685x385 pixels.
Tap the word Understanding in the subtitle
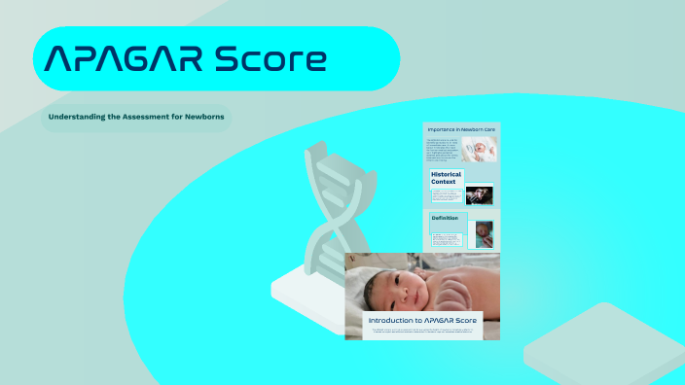(x=78, y=117)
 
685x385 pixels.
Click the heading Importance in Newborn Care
(x=463, y=128)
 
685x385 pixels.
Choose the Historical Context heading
(x=447, y=178)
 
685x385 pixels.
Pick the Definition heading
(x=445, y=218)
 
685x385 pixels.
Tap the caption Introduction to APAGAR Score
(x=422, y=320)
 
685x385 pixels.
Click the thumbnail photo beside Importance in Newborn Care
(x=485, y=149)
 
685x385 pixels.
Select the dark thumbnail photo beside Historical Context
(x=480, y=194)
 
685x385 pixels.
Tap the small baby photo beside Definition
(x=484, y=234)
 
